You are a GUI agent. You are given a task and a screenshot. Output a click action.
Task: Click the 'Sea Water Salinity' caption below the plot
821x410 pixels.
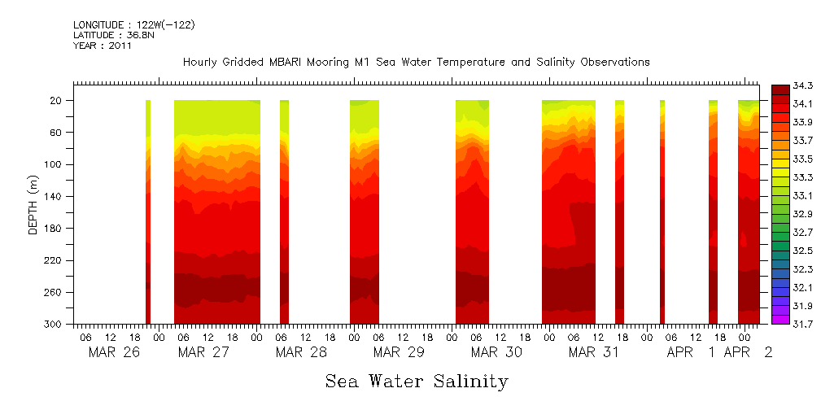click(x=417, y=382)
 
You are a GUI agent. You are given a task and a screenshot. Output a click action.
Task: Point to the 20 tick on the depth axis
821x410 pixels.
click(x=57, y=100)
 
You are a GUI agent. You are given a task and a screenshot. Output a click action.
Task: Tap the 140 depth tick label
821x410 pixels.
click(x=54, y=196)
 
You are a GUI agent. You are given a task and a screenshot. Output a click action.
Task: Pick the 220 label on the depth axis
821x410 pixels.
click(x=54, y=260)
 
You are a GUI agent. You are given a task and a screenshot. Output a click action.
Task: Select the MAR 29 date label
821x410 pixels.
click(x=399, y=352)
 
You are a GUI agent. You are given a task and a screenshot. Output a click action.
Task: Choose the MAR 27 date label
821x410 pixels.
click(x=203, y=352)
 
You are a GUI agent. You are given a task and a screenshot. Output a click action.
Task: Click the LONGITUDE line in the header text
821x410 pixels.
click(x=134, y=25)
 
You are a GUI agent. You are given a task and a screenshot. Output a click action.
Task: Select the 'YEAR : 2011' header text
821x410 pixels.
click(x=103, y=46)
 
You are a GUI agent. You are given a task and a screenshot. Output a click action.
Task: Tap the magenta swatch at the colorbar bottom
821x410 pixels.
click(x=780, y=320)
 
